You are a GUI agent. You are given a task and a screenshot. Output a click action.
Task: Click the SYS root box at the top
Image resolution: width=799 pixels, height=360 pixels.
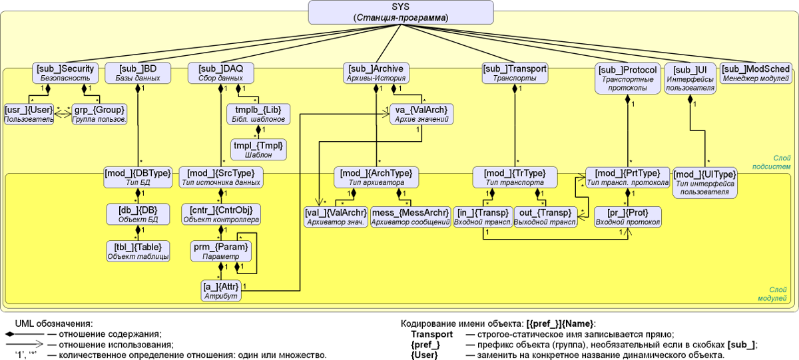[x=401, y=11]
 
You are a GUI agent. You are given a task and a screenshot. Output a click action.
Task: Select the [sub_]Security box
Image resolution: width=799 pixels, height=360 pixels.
[x=65, y=73]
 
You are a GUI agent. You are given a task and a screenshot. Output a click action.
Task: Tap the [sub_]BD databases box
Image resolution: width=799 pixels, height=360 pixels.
[x=138, y=73]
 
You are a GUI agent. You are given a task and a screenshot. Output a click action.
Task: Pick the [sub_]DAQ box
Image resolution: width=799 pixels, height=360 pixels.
[x=220, y=73]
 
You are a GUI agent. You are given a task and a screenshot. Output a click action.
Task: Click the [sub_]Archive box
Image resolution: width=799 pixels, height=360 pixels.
[x=376, y=73]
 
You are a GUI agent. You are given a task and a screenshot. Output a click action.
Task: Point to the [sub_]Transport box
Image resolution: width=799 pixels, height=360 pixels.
[x=514, y=73]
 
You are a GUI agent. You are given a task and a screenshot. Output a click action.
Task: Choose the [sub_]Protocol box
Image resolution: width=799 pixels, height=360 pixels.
[x=628, y=79]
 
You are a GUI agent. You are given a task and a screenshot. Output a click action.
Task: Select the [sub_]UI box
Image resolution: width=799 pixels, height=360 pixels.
[x=690, y=79]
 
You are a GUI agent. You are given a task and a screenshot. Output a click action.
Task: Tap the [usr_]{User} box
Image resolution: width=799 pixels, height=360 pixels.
[x=29, y=114]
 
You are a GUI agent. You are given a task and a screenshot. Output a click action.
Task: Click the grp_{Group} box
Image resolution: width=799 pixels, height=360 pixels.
[x=99, y=114]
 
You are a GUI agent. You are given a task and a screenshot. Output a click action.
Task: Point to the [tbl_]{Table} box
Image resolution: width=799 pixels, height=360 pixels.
[x=138, y=251]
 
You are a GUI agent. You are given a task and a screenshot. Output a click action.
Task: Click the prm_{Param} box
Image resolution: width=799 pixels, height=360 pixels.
[x=220, y=251]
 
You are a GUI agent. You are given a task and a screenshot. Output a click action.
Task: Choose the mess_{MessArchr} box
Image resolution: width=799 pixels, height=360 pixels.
[x=409, y=217]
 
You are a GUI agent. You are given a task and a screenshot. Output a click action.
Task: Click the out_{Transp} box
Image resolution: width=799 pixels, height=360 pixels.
[x=545, y=217]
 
